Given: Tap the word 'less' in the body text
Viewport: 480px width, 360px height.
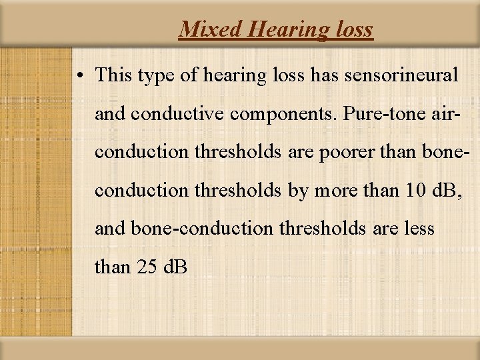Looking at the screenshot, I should tap(419, 229).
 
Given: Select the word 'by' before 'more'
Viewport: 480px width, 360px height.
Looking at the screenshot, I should tap(297, 191).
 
